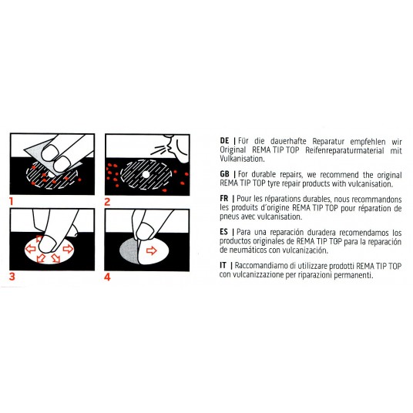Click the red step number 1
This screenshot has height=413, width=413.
(11, 202)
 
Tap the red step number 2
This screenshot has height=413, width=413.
(107, 202)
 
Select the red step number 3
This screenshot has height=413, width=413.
(12, 277)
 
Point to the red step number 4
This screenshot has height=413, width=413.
(107, 277)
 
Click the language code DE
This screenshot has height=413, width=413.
(225, 141)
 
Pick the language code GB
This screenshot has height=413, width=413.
(225, 174)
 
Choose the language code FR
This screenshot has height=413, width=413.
(224, 198)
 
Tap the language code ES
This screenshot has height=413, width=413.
(224, 232)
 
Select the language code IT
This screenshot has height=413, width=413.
(223, 265)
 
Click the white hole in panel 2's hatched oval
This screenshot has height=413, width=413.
(146, 174)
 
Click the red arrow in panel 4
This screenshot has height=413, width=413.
(152, 250)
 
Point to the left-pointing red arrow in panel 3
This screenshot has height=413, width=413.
(30, 248)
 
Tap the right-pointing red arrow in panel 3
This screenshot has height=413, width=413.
(68, 248)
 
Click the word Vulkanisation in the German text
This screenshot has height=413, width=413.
(242, 159)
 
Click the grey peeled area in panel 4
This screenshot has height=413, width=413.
(129, 250)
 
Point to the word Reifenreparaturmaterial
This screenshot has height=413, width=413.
(344, 151)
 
